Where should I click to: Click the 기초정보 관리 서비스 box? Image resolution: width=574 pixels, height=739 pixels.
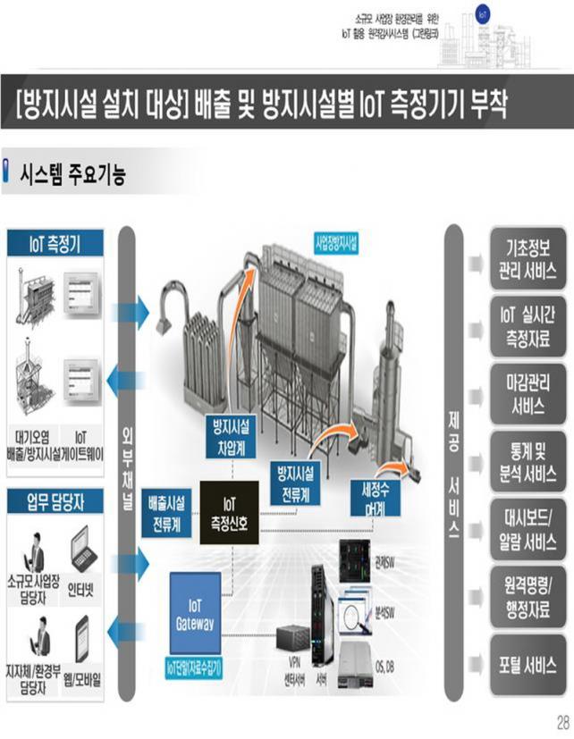click(x=528, y=259)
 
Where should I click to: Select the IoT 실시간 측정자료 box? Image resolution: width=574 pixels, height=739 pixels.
click(x=528, y=326)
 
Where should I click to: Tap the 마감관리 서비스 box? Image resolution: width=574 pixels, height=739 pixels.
click(x=528, y=394)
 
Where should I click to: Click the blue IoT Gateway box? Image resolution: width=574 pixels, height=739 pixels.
click(x=207, y=613)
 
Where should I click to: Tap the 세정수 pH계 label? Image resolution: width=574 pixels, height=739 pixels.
click(x=375, y=497)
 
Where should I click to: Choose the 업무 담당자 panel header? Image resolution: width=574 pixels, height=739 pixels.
click(x=55, y=502)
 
